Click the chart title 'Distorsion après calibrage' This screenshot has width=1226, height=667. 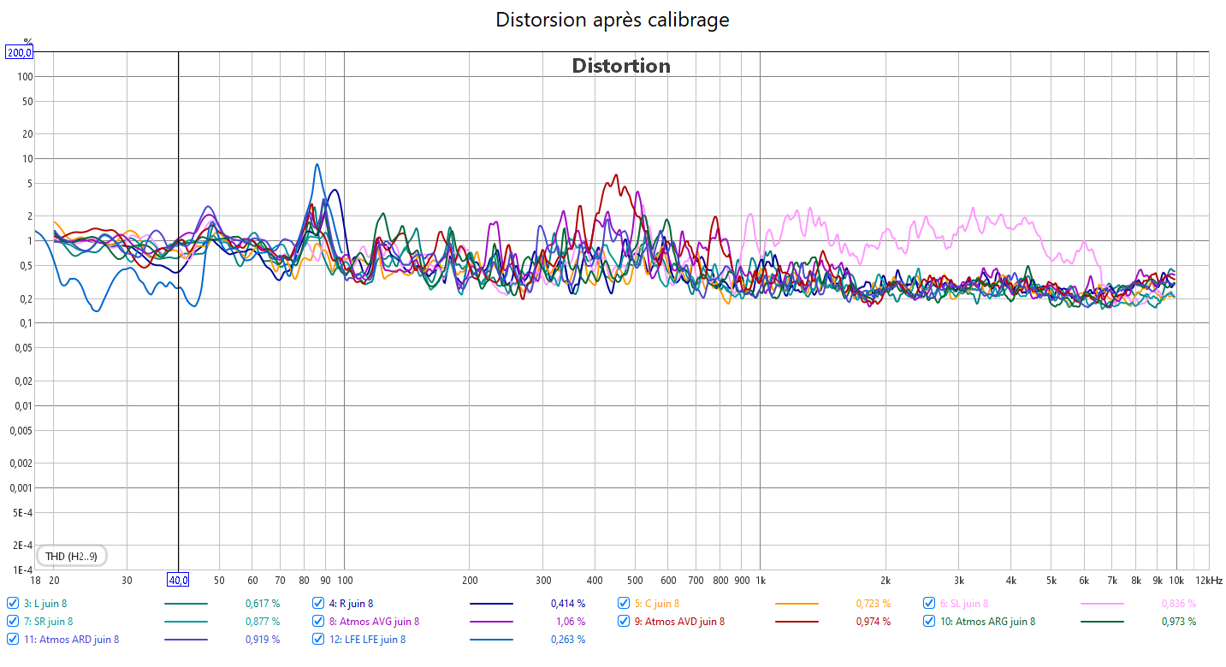[613, 20]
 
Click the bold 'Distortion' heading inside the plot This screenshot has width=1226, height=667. [621, 66]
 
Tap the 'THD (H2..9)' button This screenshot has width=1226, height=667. [71, 557]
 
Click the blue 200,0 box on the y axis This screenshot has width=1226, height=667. [19, 52]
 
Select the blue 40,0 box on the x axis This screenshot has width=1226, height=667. [178, 581]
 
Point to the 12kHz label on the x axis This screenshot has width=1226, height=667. [1209, 581]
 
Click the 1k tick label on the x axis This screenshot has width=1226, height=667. [760, 581]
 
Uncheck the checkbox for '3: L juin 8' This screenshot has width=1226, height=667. [13, 604]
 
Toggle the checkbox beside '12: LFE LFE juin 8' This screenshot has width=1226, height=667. [318, 639]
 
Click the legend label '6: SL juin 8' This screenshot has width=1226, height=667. [963, 604]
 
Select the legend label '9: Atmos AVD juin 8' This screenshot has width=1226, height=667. [679, 622]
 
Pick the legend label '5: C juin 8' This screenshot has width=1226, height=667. [656, 604]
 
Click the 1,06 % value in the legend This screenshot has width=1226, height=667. [571, 622]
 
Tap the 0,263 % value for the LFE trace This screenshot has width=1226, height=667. [568, 639]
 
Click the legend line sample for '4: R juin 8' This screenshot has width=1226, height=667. [491, 604]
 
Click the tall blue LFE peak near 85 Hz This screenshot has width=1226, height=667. [317, 165]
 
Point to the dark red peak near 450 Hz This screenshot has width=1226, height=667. [614, 176]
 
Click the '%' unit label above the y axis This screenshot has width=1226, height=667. [27, 41]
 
